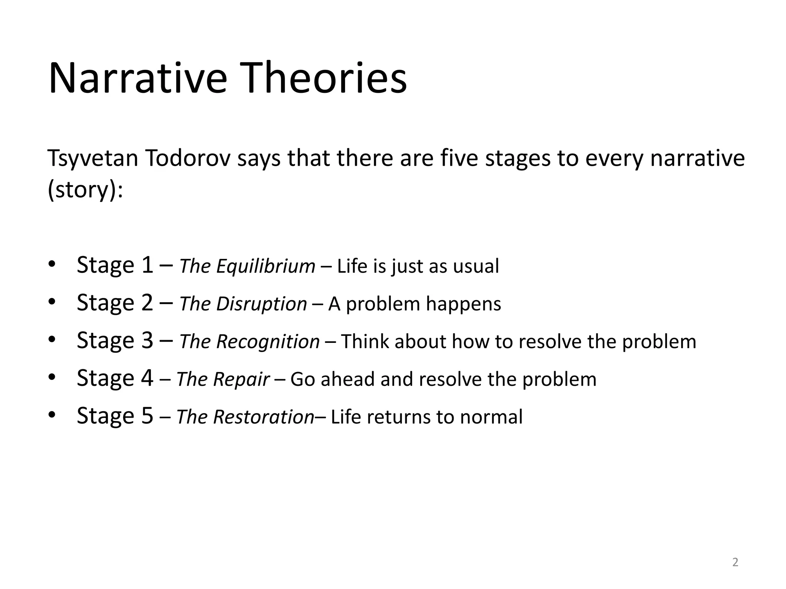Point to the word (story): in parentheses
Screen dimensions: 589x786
coord(85,190)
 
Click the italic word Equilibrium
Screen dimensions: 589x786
coord(266,266)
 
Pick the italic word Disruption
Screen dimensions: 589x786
coord(261,304)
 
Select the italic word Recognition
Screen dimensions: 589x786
coord(268,342)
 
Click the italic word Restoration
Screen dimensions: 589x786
coord(264,417)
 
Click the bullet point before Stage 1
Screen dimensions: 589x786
coord(52,265)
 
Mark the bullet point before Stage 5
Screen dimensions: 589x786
coord(52,415)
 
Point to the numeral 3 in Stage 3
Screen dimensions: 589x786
coord(147,340)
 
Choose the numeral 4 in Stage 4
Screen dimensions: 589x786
coord(147,378)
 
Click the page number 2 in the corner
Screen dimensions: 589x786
coord(735,562)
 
